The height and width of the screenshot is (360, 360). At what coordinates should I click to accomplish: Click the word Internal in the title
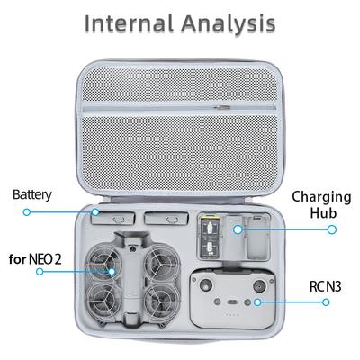[130, 23]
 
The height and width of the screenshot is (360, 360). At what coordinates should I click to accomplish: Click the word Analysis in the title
[229, 24]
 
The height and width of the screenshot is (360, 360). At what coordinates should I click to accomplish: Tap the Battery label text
[32, 195]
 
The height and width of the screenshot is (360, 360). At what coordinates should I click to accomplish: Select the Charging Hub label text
[321, 204]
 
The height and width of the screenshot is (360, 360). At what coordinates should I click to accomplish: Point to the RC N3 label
[325, 286]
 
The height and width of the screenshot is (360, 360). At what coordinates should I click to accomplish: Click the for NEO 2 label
[35, 259]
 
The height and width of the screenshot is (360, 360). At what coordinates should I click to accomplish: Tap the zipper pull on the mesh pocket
[221, 107]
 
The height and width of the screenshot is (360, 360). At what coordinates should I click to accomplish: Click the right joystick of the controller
[258, 285]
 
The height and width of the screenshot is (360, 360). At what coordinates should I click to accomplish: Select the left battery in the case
[113, 218]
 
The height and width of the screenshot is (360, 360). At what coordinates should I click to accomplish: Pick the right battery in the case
[166, 218]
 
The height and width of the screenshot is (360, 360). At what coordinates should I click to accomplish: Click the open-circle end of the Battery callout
[27, 212]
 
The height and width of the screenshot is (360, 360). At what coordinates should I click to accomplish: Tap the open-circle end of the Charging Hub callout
[331, 229]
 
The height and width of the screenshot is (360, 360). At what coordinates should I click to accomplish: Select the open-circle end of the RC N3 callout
[326, 302]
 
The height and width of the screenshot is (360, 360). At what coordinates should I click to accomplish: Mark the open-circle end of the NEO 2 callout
[40, 272]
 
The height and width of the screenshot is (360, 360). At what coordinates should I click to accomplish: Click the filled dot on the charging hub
[238, 229]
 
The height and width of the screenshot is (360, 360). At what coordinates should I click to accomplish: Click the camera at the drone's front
[131, 248]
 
